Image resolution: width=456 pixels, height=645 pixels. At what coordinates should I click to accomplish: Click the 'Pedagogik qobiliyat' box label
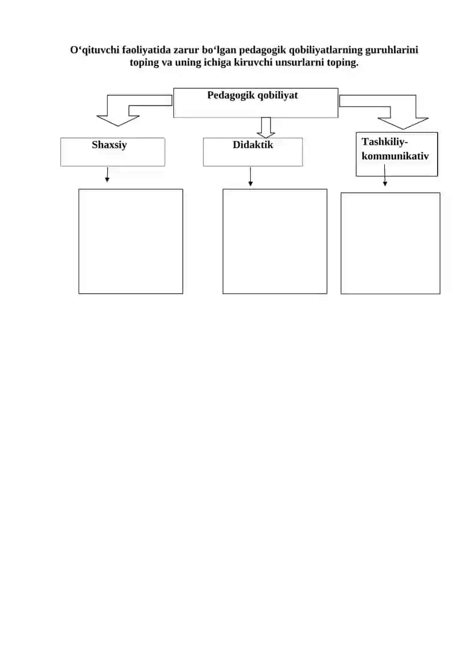pyautogui.click(x=253, y=95)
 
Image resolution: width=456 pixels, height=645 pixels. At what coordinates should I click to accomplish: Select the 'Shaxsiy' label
pyautogui.click(x=109, y=145)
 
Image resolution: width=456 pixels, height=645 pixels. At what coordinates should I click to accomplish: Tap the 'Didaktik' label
pyautogui.click(x=253, y=145)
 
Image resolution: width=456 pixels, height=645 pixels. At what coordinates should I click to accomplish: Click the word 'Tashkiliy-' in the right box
pyautogui.click(x=385, y=142)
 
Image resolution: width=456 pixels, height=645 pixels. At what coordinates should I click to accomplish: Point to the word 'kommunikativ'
pyautogui.click(x=395, y=156)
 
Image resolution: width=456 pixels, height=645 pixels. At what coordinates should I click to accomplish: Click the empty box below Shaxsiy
pyautogui.click(x=79, y=241)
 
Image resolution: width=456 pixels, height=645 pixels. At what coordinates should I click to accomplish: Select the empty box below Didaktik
pyautogui.click(x=223, y=241)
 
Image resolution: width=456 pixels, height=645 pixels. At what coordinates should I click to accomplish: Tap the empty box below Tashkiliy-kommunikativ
pyautogui.click(x=341, y=243)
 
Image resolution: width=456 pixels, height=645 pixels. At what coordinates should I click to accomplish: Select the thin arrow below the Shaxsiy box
pyautogui.click(x=107, y=175)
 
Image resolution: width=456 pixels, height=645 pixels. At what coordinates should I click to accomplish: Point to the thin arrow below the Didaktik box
pyautogui.click(x=250, y=176)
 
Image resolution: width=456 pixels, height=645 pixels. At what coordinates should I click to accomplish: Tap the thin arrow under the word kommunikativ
pyautogui.click(x=385, y=175)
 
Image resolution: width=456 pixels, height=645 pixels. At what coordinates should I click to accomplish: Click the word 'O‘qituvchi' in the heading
pyautogui.click(x=95, y=50)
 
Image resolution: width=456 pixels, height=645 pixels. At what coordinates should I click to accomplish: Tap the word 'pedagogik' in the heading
pyautogui.click(x=263, y=50)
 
